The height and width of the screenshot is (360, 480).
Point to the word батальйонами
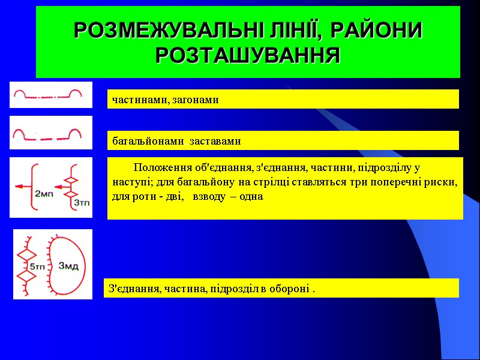[x=147, y=142]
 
